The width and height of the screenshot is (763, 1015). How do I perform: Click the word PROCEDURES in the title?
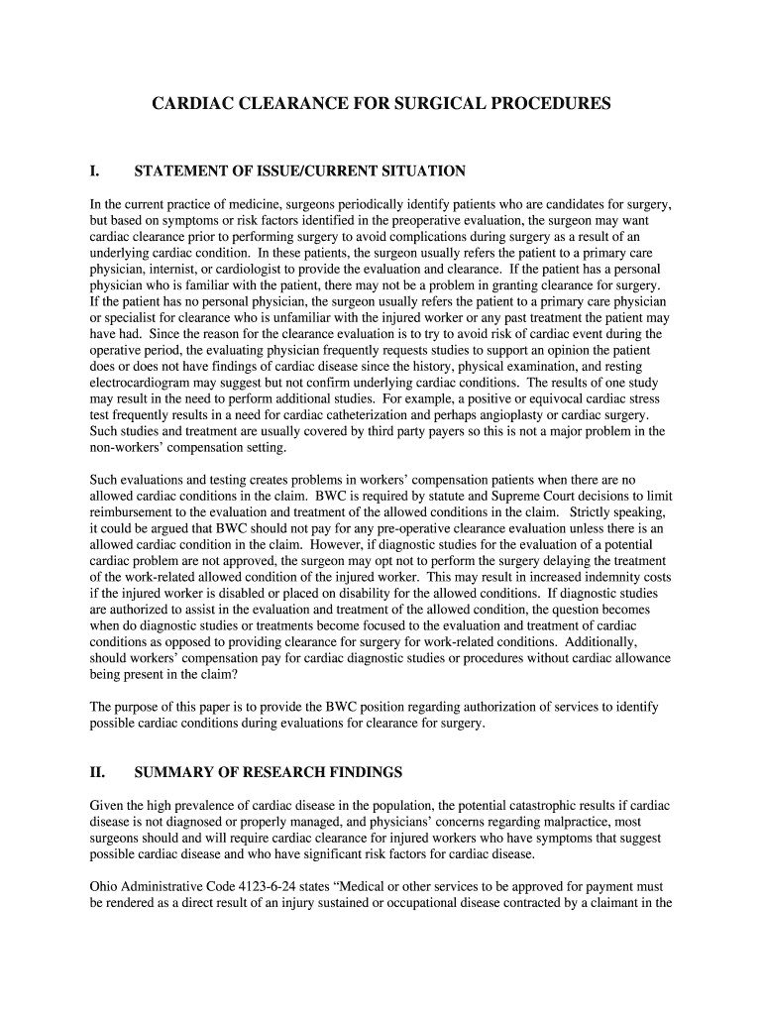click(x=552, y=103)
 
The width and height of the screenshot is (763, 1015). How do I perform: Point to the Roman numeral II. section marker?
click(x=98, y=772)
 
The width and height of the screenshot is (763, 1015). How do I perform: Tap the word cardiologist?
click(x=261, y=270)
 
